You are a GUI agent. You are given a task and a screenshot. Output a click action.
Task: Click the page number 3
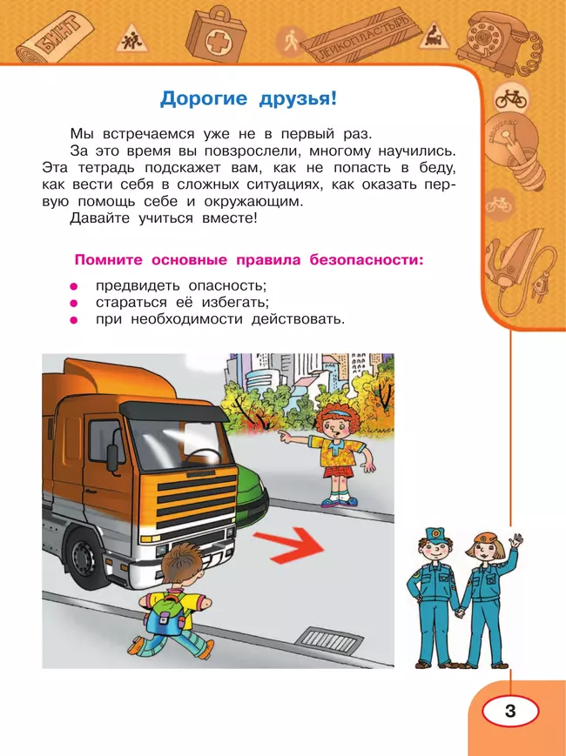[x=510, y=712]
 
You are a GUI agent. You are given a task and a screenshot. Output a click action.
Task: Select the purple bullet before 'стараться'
[x=75, y=304]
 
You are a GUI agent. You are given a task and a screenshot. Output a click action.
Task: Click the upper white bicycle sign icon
[x=511, y=98]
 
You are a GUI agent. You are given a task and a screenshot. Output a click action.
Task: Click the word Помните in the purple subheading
[x=110, y=260]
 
